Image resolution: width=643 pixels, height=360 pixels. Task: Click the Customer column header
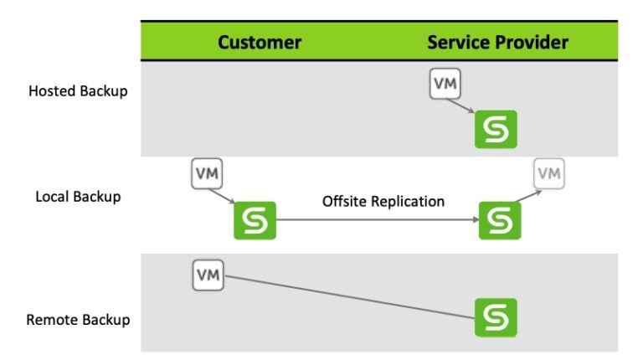point(260,42)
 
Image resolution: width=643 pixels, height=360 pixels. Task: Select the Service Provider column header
point(497,42)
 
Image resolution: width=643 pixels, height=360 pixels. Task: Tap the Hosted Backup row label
point(78,90)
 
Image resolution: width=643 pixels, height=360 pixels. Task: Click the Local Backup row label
point(78,197)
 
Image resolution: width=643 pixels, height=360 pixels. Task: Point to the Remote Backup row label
point(78,319)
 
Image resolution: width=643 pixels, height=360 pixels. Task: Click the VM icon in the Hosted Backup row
point(445,84)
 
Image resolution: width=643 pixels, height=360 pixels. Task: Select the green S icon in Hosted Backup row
point(496,130)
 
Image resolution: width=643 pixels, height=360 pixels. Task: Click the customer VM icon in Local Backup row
point(208,173)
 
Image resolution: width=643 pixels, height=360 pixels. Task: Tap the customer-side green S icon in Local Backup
point(255,220)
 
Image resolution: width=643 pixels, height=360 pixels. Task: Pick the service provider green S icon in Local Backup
point(500,220)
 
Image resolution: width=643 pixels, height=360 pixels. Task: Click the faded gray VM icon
point(548,173)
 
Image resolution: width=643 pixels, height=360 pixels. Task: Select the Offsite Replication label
point(383,202)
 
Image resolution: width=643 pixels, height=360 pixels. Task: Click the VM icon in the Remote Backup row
point(208,275)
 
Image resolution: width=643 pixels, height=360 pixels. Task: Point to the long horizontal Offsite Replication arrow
point(377,220)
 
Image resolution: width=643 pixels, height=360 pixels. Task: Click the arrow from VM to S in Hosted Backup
point(461,106)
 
